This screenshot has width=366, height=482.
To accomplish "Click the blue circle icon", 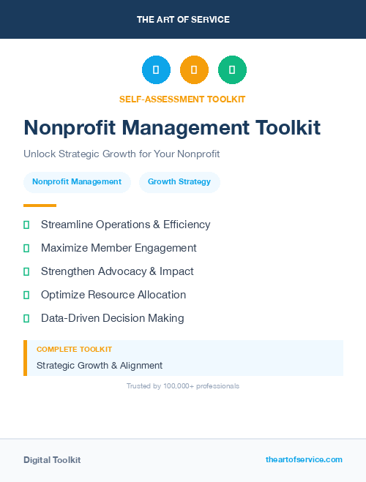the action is click(156, 70).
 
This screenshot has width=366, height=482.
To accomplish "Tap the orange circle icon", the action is click(194, 70).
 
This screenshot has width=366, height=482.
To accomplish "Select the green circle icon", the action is click(232, 70).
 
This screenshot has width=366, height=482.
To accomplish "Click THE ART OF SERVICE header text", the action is click(183, 19).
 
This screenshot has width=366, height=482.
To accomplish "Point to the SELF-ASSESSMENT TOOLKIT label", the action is click(182, 99).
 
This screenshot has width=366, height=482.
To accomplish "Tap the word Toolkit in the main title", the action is click(288, 127).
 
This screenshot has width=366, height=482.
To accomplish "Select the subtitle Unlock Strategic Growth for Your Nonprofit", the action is click(122, 154).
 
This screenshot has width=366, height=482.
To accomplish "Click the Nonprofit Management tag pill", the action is click(77, 182).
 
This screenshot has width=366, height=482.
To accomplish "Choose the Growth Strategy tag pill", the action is click(179, 182).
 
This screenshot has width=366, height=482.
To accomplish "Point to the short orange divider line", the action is click(40, 206).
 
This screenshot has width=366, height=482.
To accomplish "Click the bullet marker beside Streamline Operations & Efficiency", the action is click(26, 225).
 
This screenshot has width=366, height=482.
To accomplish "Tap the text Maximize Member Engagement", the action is click(119, 248).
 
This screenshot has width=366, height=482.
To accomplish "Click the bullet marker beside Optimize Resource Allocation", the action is click(26, 295).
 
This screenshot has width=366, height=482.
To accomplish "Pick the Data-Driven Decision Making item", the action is click(112, 318).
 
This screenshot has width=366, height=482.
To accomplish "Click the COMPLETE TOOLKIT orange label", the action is click(74, 350).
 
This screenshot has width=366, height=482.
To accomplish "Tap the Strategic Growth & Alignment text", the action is click(100, 365).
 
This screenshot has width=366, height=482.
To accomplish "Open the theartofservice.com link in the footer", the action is click(304, 459).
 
